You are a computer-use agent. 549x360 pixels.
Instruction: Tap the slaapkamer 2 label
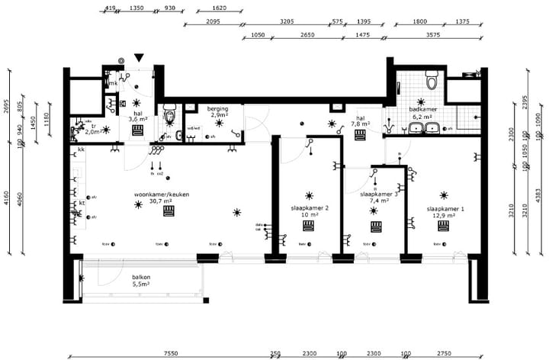[x=310, y=208]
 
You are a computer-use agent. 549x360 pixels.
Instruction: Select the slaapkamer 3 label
[x=378, y=194]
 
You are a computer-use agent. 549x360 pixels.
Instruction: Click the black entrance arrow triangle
[x=138, y=58]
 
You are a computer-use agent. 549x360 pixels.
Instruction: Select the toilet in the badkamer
[x=432, y=79]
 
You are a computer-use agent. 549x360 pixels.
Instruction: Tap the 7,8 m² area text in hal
[x=361, y=124]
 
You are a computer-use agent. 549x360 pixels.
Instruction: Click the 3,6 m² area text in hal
[x=137, y=119]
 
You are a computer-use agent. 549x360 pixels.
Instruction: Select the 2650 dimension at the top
[x=307, y=34]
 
